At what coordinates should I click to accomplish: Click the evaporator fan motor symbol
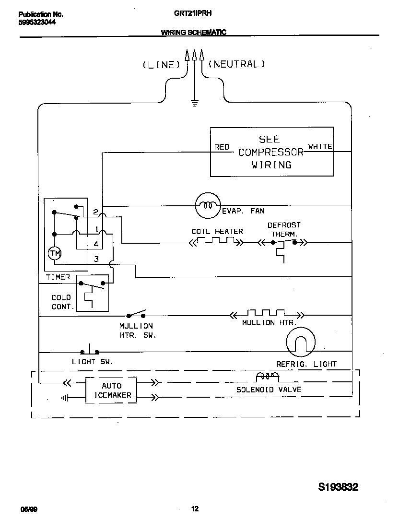point(207,205)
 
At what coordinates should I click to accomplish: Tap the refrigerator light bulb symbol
point(301,342)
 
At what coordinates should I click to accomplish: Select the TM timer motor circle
point(54,253)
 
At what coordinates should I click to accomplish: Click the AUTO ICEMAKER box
point(111,390)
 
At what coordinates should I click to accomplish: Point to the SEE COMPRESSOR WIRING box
point(271,152)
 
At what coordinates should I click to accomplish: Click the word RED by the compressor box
point(222,147)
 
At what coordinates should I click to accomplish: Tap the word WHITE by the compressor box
point(320,147)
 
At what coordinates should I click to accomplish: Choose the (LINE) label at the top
point(160,65)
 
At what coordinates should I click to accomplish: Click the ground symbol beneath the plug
point(194,102)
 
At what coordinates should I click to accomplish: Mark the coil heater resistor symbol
point(217,242)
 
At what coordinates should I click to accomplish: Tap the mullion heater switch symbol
point(136,315)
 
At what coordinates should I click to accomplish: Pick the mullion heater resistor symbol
point(266,314)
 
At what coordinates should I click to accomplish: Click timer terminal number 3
point(96,259)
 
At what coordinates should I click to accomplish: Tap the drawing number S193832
point(338,487)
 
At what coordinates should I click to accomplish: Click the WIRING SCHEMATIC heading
point(193,33)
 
